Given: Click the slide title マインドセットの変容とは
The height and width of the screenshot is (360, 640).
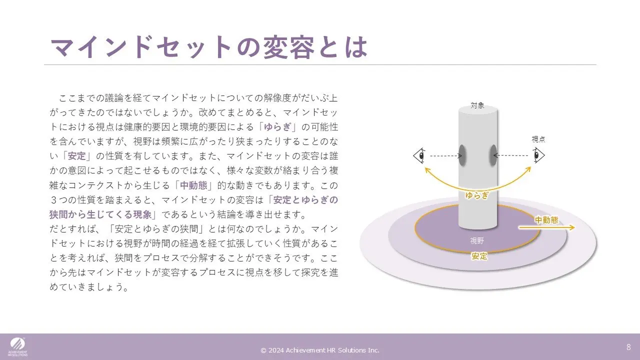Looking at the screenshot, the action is (x=209, y=47).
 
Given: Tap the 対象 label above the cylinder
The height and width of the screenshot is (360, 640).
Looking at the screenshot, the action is (x=477, y=105).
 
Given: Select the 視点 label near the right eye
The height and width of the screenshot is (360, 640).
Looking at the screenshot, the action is (x=538, y=139).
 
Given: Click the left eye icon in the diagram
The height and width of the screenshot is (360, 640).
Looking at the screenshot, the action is (x=419, y=155).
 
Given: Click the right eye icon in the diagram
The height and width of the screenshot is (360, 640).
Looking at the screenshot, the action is (x=539, y=155).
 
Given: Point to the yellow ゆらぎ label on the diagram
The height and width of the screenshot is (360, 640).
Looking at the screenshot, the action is (x=477, y=195).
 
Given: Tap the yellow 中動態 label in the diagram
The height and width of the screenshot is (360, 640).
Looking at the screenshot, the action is (x=546, y=220).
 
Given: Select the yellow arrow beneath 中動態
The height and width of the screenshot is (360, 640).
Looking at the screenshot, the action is (x=546, y=227).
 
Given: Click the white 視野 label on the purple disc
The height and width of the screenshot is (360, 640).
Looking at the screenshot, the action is (x=477, y=241).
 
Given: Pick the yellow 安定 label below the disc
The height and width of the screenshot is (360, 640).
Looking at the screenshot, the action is (x=479, y=256).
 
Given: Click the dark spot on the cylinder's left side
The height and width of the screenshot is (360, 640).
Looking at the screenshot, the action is (x=462, y=155).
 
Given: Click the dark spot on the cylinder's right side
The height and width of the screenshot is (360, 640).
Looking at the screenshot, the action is (x=493, y=155).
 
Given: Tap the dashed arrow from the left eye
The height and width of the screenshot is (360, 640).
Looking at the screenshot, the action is (x=446, y=155).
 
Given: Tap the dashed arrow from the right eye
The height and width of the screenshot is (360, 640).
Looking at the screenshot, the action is (x=510, y=155).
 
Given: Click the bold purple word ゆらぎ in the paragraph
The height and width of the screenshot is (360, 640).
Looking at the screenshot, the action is (x=277, y=127).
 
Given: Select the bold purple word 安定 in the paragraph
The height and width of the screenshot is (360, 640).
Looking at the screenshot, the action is (x=77, y=156).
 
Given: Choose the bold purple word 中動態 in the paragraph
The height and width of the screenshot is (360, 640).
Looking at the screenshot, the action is (x=193, y=185).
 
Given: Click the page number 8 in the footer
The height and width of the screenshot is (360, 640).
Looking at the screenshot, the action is (x=628, y=347).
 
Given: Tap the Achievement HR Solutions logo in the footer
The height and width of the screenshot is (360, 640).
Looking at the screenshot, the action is (x=17, y=347).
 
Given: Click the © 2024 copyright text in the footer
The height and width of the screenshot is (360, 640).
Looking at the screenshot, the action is (x=320, y=350).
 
